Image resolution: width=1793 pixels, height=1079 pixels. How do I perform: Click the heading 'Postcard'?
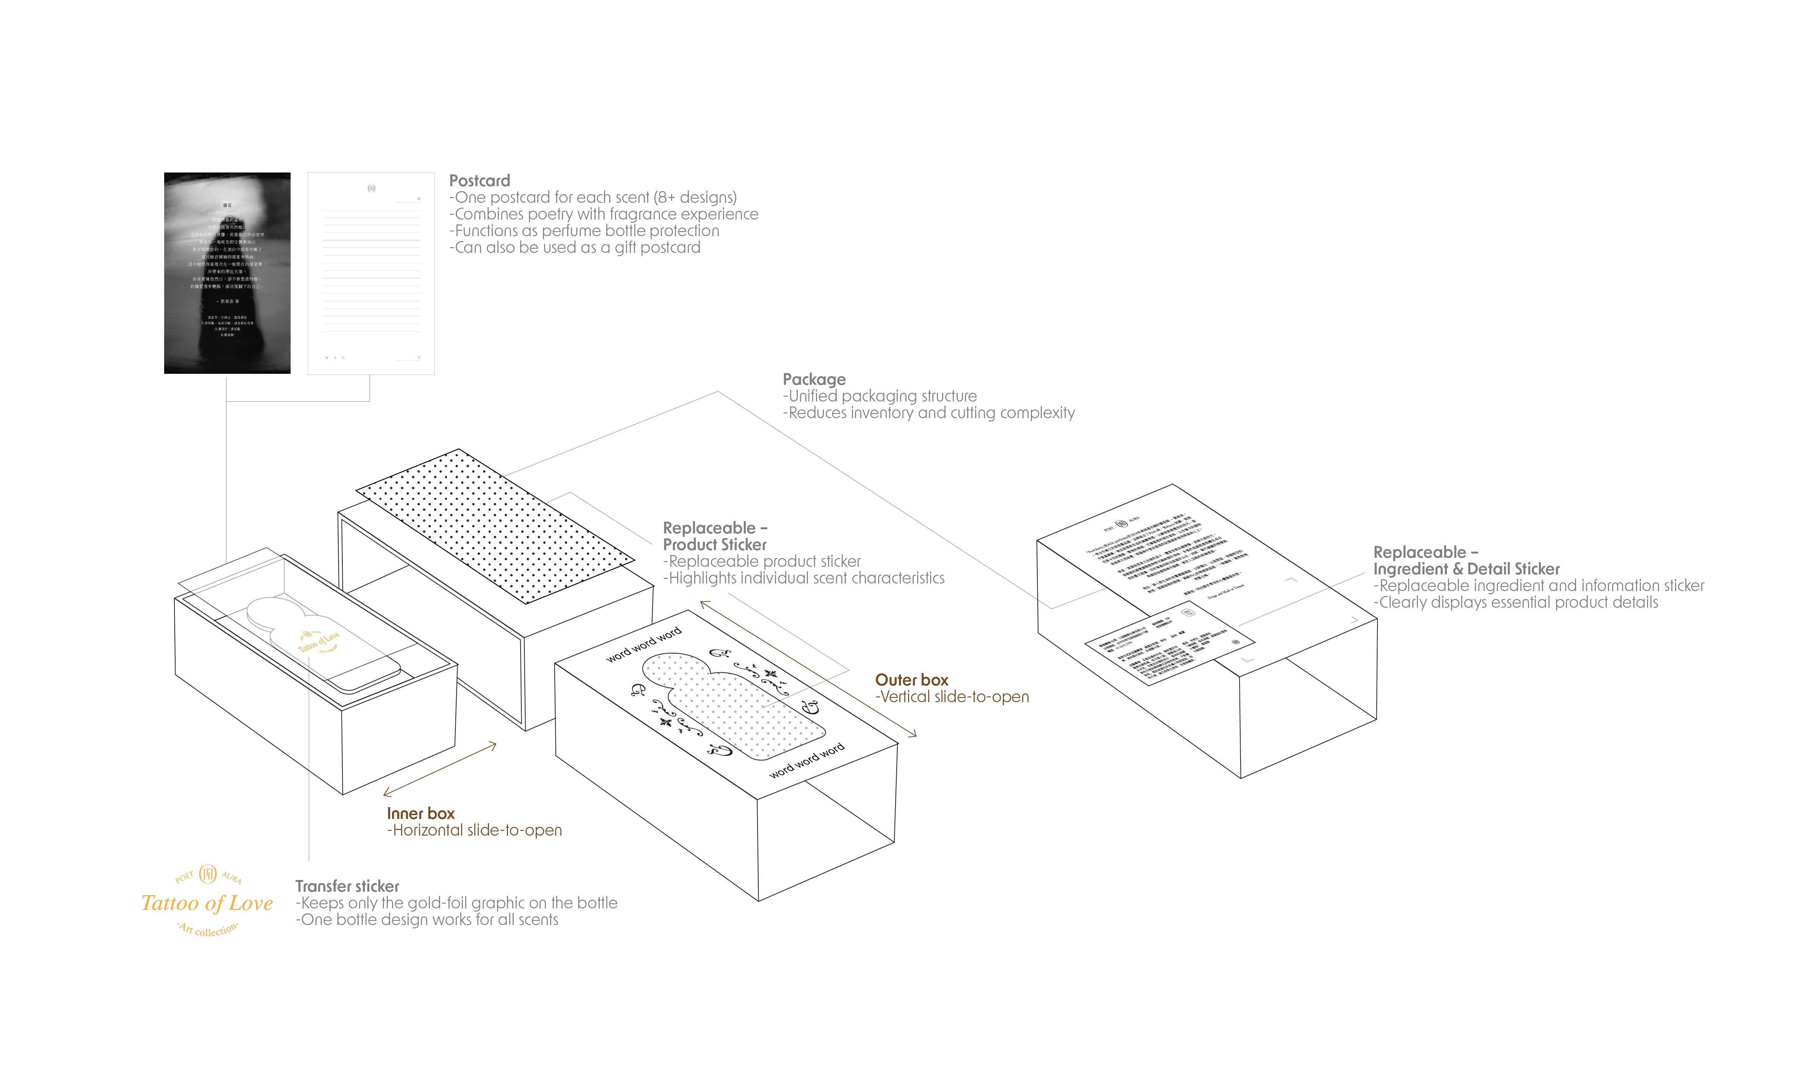pos(479,180)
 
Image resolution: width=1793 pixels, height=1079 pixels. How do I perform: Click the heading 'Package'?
pos(814,379)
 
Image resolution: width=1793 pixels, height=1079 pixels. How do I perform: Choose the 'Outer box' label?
pos(911,680)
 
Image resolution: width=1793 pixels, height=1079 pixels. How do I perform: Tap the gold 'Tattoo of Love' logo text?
pos(207,903)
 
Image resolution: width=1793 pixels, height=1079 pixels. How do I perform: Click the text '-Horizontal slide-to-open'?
pos(474,830)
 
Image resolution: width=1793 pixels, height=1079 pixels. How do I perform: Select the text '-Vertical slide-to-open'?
pos(952,696)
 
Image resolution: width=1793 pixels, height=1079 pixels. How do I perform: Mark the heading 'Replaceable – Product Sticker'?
pos(715,536)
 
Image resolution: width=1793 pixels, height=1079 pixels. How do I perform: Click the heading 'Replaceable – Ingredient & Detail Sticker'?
pos(1466,561)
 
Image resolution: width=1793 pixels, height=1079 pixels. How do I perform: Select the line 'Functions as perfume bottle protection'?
pos(584,231)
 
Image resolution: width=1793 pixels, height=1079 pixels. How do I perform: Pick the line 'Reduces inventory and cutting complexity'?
pos(929,413)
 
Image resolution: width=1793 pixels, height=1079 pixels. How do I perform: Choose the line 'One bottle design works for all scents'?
pos(427,920)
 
